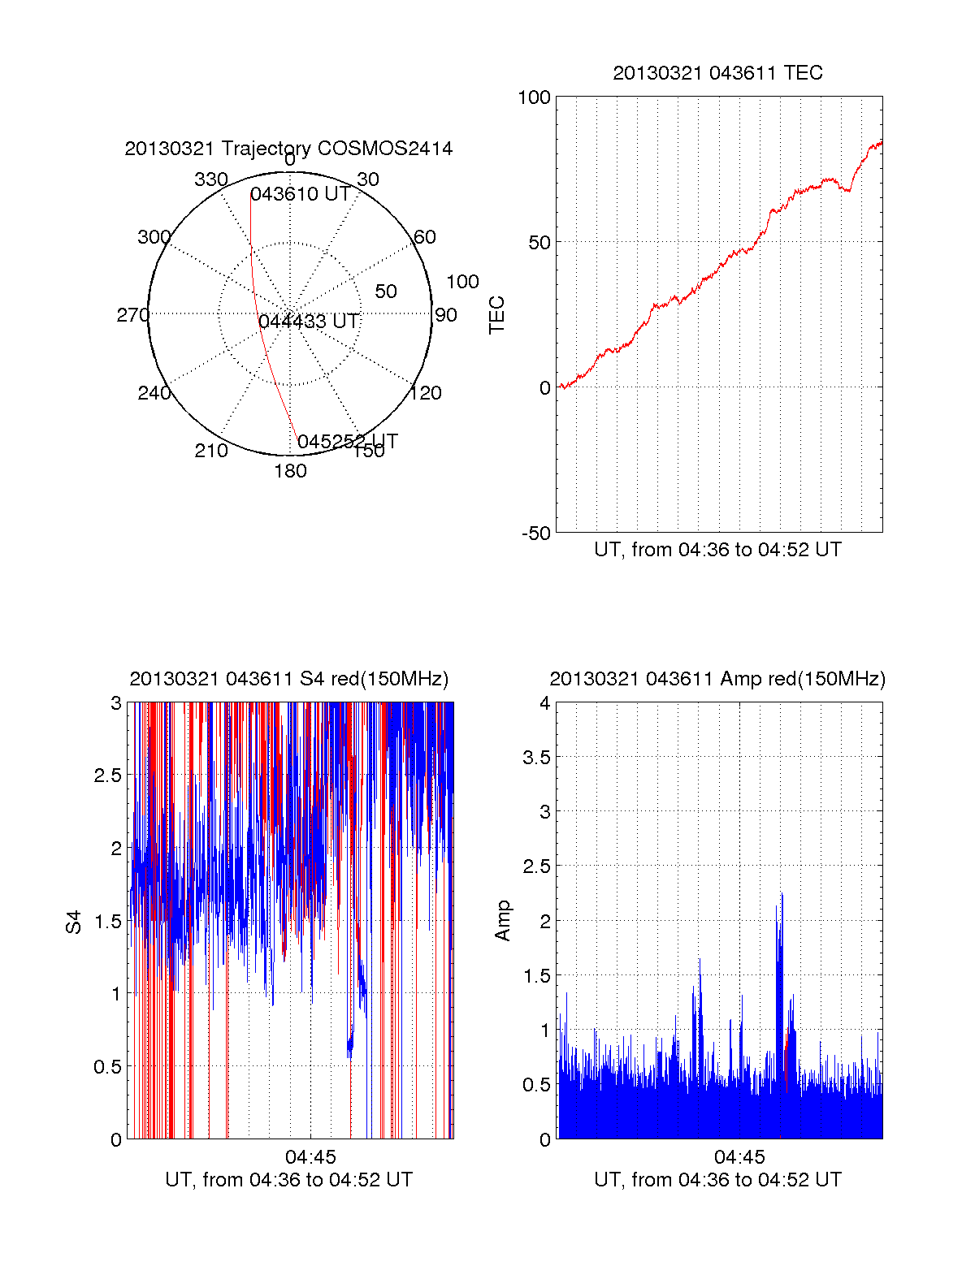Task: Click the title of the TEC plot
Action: click(717, 73)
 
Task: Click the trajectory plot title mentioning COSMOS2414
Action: click(288, 149)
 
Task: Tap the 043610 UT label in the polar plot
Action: click(300, 194)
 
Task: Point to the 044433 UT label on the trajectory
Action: click(308, 322)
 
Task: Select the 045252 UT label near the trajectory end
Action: click(347, 442)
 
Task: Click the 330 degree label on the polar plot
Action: click(210, 179)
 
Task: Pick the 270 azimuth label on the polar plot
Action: click(132, 315)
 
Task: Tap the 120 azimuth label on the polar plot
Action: click(426, 394)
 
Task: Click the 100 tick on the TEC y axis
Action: click(534, 98)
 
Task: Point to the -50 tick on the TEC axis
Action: click(536, 534)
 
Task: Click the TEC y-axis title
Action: click(496, 314)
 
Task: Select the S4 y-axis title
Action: click(74, 922)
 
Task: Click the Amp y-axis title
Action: click(503, 920)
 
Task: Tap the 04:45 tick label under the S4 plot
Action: click(310, 1156)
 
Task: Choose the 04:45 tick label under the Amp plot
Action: click(739, 1156)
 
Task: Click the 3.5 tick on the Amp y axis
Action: click(537, 758)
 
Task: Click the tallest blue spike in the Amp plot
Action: click(782, 895)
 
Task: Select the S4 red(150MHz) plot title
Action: click(288, 679)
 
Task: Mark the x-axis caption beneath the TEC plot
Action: click(717, 550)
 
